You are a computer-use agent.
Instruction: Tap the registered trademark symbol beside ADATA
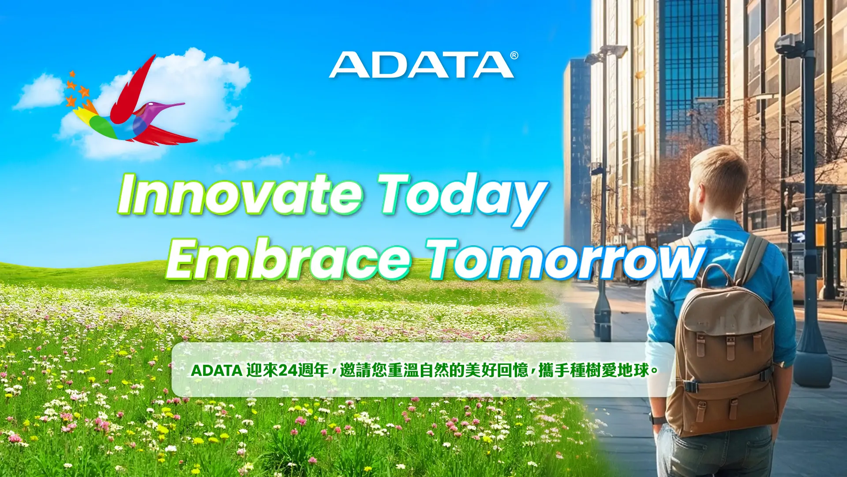click(x=514, y=56)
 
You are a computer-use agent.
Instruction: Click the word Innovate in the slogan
click(x=240, y=194)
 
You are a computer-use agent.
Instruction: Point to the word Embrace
click(x=289, y=260)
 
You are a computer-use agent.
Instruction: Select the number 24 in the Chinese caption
click(x=288, y=370)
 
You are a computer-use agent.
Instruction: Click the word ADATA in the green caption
click(x=216, y=371)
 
